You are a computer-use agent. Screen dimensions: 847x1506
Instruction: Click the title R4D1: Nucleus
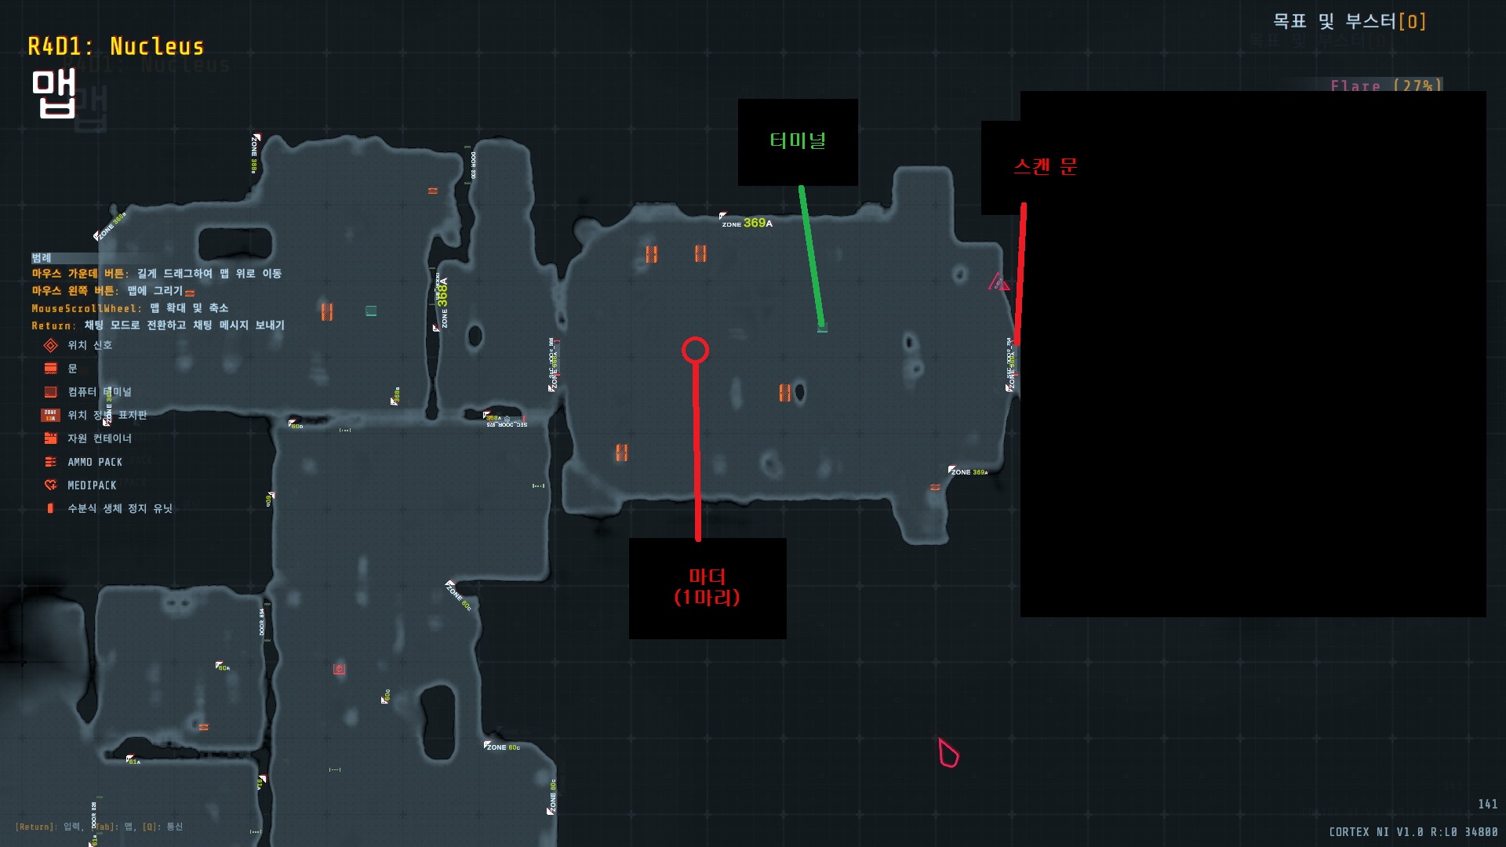116,47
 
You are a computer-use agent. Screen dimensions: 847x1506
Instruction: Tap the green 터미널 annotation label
798,141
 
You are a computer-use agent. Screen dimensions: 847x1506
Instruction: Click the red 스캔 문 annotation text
1046,167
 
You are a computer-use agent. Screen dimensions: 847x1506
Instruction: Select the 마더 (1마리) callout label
707,587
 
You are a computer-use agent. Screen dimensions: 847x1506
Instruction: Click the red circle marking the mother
695,350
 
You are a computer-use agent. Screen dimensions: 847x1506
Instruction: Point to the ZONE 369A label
748,224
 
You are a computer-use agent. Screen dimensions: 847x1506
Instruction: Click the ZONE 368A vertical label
443,302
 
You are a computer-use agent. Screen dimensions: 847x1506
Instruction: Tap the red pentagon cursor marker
948,754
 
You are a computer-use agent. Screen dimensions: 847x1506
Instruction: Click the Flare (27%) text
1385,85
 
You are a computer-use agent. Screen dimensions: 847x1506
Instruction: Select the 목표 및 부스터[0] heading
1349,21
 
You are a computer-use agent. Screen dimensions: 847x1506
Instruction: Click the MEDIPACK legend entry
91,485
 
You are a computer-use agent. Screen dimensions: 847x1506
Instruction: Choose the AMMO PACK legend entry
94,462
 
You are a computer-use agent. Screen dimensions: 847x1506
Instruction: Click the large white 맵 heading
53,93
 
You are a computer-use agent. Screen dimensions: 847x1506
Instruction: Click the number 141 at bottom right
1487,804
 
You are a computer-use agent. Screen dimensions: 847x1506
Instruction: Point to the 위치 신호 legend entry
89,345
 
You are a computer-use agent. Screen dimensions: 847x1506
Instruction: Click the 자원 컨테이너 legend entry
99,438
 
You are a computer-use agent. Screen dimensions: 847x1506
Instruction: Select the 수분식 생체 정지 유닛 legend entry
119,508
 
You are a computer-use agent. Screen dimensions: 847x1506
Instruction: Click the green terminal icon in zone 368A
371,311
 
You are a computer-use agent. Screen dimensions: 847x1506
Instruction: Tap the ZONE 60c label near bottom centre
503,747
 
